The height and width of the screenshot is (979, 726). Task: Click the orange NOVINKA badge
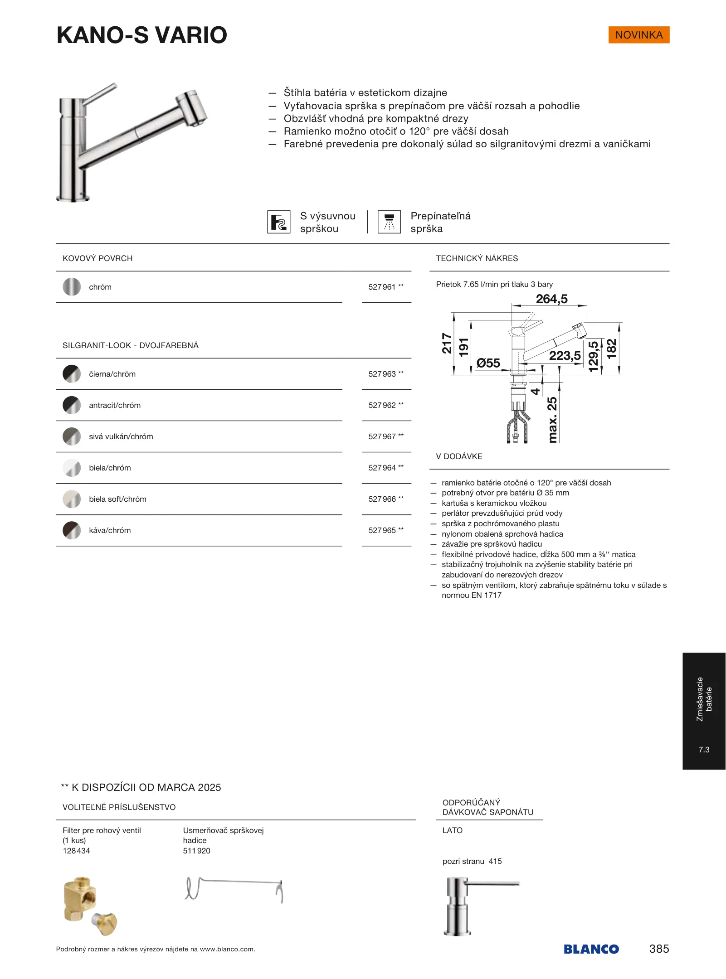point(638,35)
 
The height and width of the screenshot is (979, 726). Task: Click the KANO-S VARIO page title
point(142,35)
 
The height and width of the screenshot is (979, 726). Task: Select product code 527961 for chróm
point(382,287)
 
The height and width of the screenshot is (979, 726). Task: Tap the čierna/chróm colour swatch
point(72,374)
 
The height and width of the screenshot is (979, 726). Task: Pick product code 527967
point(382,436)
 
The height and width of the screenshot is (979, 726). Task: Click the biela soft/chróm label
point(117,499)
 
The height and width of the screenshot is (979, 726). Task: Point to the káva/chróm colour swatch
point(72,530)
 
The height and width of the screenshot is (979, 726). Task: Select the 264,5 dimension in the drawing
point(551,299)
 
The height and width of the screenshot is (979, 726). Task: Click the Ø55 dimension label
point(488,363)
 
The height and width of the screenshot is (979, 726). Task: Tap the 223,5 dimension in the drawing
point(565,356)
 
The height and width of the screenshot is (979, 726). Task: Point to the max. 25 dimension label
point(552,420)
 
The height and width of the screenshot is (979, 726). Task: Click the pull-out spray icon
point(278,222)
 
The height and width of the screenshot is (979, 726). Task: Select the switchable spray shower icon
point(389,222)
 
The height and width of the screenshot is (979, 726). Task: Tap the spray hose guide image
point(234,889)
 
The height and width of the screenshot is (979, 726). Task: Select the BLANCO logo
point(591,949)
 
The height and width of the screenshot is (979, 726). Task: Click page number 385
point(659,949)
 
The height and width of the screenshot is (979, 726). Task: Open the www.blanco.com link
point(226,949)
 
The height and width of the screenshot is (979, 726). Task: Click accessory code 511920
point(196,851)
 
